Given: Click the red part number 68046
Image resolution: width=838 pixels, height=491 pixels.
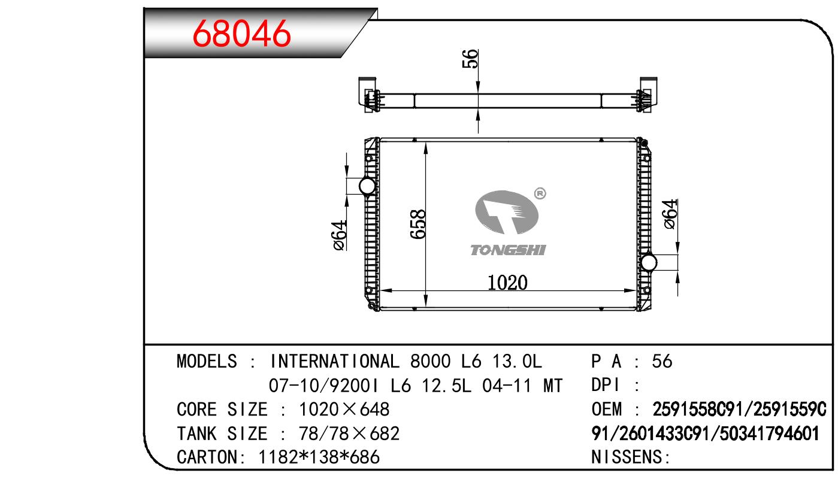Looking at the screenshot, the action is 241,34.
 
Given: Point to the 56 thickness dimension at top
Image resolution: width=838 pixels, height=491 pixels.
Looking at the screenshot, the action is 470,59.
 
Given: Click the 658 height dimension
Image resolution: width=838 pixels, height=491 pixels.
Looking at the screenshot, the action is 418,224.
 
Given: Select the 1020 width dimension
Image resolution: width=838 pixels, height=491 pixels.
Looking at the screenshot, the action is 507,283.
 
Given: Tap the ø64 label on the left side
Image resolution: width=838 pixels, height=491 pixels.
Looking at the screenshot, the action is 340,235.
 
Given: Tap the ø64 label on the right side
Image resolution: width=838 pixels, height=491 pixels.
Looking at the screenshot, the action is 670,214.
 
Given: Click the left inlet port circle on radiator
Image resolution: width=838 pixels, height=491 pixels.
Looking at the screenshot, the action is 367,186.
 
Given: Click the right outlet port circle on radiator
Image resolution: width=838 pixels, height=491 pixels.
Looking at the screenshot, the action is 648,262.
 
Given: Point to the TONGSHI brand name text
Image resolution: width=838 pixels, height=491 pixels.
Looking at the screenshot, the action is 508,250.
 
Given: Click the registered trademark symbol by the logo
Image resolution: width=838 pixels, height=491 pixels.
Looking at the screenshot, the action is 540,193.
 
